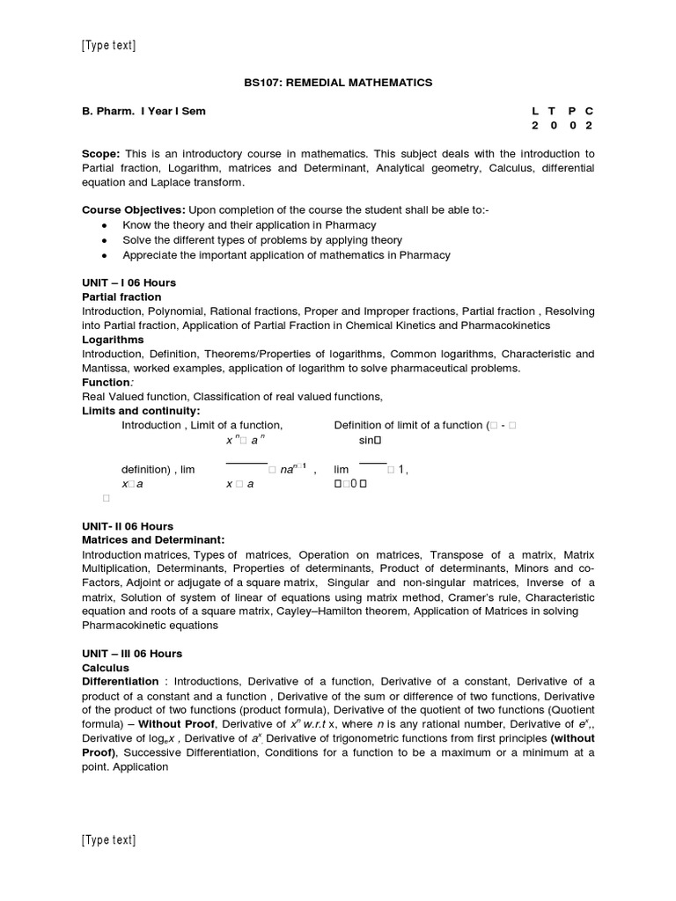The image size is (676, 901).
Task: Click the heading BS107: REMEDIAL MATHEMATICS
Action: click(338, 83)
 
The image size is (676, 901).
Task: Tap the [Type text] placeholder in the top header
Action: click(108, 46)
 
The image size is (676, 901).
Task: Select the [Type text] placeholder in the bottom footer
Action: click(108, 840)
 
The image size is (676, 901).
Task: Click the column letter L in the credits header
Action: click(535, 112)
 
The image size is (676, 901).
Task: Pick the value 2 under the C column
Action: click(590, 126)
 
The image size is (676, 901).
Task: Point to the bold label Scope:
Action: click(101, 154)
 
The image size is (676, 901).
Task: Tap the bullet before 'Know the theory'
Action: click(105, 226)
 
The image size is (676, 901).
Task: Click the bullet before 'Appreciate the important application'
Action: click(105, 255)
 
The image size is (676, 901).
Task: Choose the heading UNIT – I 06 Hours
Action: click(129, 282)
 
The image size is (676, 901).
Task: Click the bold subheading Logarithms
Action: click(113, 340)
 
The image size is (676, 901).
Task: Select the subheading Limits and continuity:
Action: click(141, 411)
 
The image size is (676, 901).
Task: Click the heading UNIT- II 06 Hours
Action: click(127, 525)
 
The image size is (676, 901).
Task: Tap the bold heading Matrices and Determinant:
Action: click(153, 539)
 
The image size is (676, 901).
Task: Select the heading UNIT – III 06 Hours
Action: click(131, 654)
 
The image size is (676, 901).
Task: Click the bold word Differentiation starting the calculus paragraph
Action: click(121, 682)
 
